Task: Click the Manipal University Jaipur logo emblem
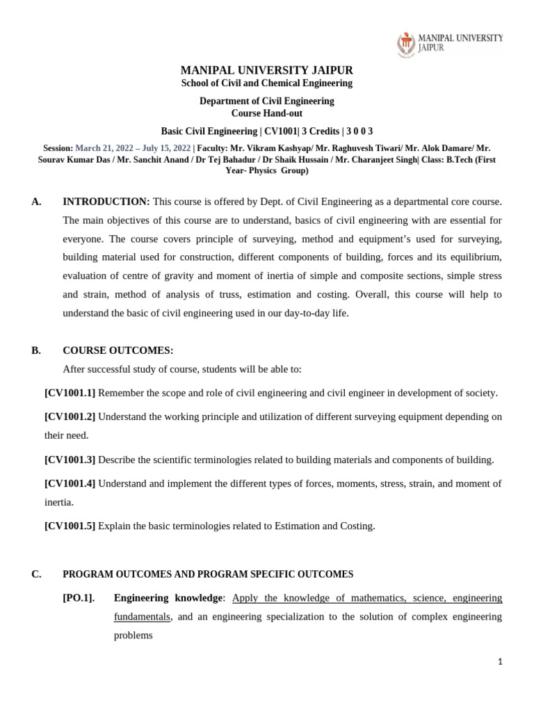pyautogui.click(x=406, y=43)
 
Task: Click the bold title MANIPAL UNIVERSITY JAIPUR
pyautogui.click(x=267, y=70)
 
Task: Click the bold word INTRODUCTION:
pyautogui.click(x=106, y=202)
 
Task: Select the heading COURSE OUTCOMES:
pyautogui.click(x=118, y=350)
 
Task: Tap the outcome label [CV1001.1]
pyautogui.click(x=70, y=393)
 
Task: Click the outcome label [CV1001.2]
pyautogui.click(x=70, y=416)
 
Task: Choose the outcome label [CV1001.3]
pyautogui.click(x=70, y=460)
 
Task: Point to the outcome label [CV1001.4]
pyautogui.click(x=70, y=483)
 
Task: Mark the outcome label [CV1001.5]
pyautogui.click(x=70, y=526)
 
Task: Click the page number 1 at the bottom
pyautogui.click(x=500, y=662)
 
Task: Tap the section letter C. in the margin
pyautogui.click(x=36, y=574)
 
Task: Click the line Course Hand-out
pyautogui.click(x=267, y=113)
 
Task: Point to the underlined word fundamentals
pyautogui.click(x=142, y=617)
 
